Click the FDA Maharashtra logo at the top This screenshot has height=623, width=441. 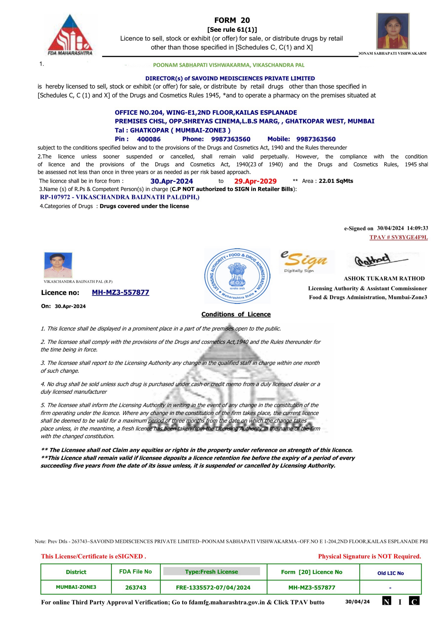(x=70, y=35)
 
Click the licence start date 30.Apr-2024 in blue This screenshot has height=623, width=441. (x=172, y=181)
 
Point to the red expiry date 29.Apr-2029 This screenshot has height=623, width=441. (x=255, y=181)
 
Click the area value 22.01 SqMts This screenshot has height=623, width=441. (x=336, y=181)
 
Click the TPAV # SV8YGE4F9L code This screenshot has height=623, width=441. (x=398, y=237)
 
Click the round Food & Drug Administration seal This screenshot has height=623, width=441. (x=237, y=276)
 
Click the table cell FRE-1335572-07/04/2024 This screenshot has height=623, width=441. (x=213, y=587)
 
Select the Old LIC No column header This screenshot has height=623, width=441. (x=390, y=573)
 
